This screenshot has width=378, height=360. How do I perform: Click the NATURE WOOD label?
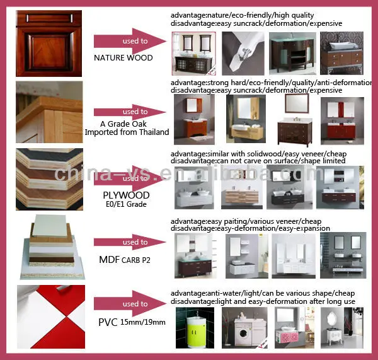pos(123,57)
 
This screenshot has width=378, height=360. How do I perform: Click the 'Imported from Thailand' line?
pos(127,132)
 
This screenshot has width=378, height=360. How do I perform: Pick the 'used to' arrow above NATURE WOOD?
pos(130,41)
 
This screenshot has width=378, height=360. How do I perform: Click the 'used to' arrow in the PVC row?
pos(130,304)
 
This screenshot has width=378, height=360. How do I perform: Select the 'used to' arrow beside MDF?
pos(130,242)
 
